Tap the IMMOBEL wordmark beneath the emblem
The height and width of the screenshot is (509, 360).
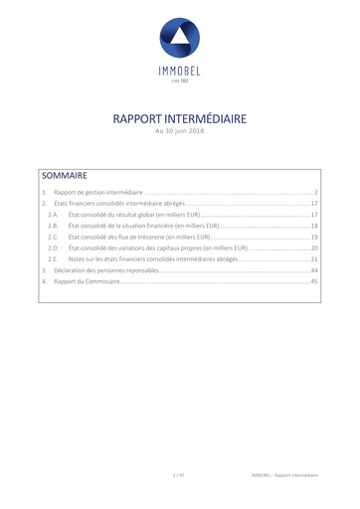[x=179, y=70]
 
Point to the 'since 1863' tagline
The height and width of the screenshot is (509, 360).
[x=179, y=81]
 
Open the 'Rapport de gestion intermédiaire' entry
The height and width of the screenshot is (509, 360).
[x=97, y=192]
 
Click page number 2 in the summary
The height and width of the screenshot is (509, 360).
[x=315, y=192]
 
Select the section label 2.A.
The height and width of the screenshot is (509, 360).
[x=53, y=215]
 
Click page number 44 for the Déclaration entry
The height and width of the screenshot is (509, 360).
[x=313, y=270]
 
